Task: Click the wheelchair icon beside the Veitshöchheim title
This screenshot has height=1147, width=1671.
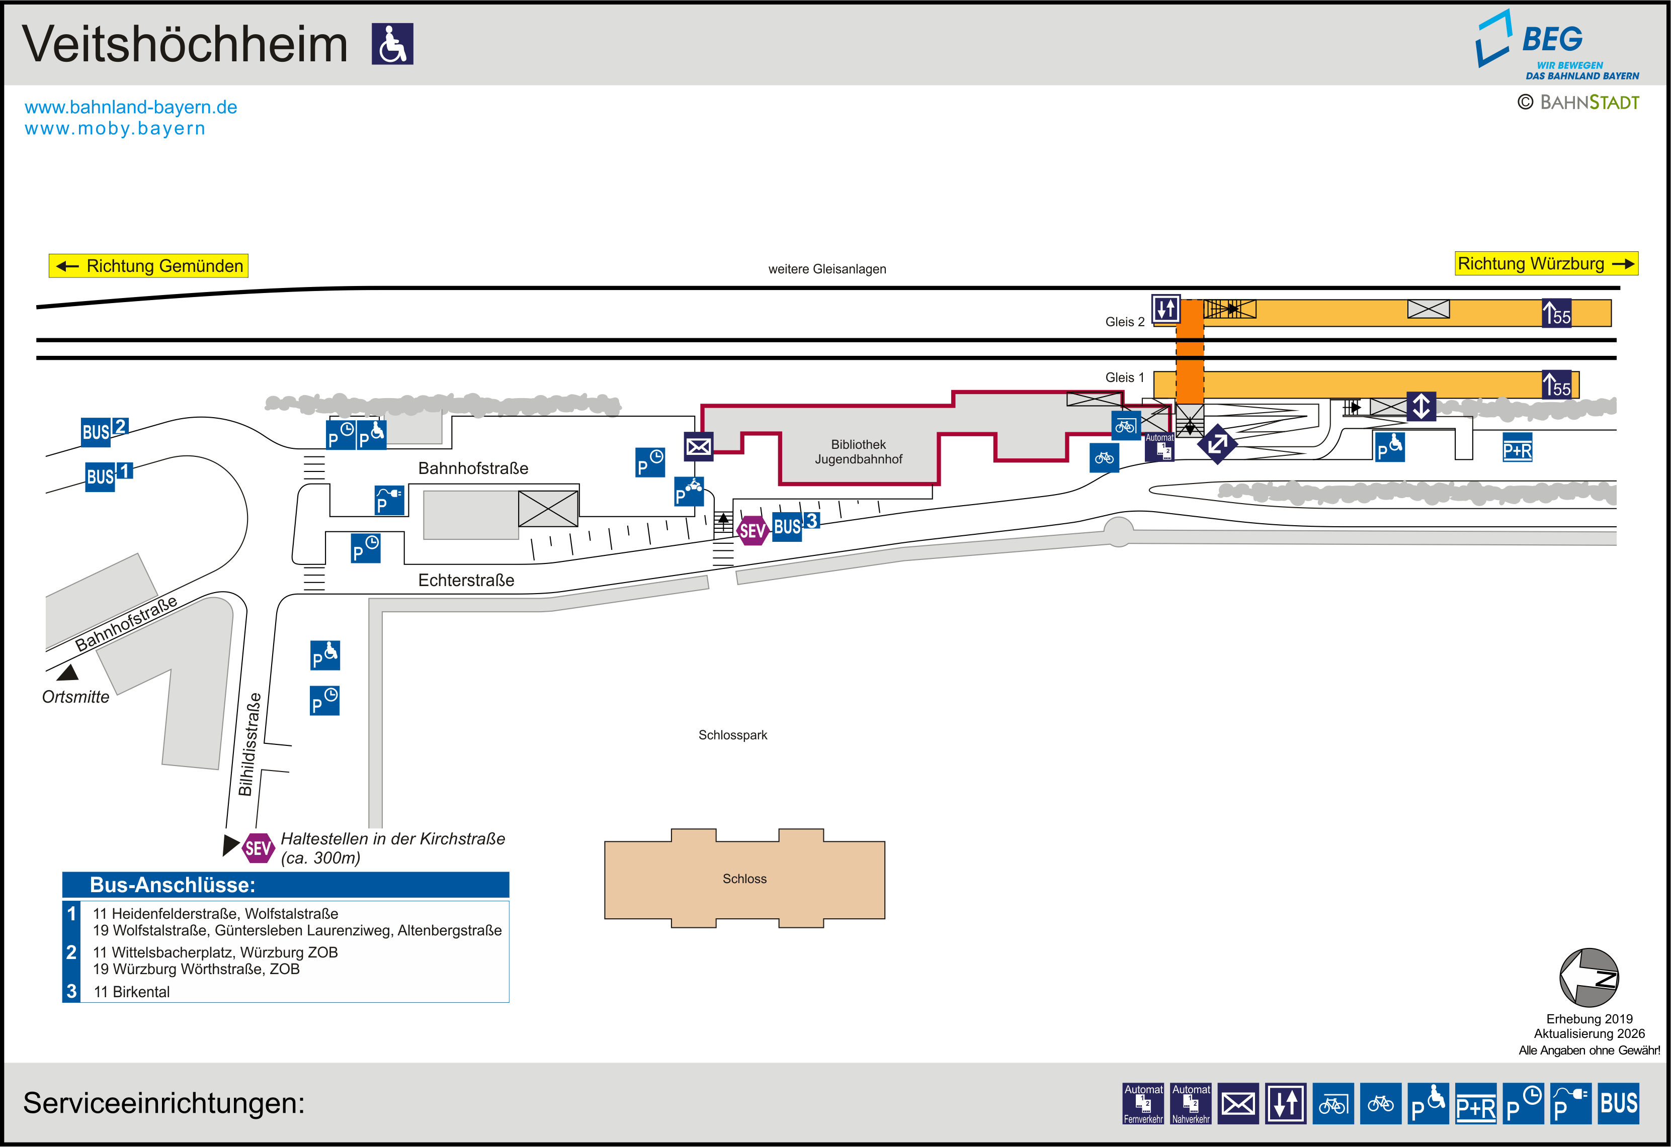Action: click(392, 44)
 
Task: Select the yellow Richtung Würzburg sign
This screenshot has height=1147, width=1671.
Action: click(1546, 264)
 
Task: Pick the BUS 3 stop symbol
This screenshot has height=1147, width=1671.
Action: click(795, 525)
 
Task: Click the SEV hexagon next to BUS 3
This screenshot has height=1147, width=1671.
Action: click(752, 531)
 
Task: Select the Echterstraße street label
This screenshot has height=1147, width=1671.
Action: click(466, 580)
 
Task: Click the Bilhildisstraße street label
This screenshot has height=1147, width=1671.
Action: click(249, 744)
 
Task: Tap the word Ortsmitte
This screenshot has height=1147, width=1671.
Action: click(75, 697)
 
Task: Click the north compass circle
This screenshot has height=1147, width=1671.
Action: click(1589, 978)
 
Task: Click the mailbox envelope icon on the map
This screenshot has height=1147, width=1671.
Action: click(698, 446)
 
